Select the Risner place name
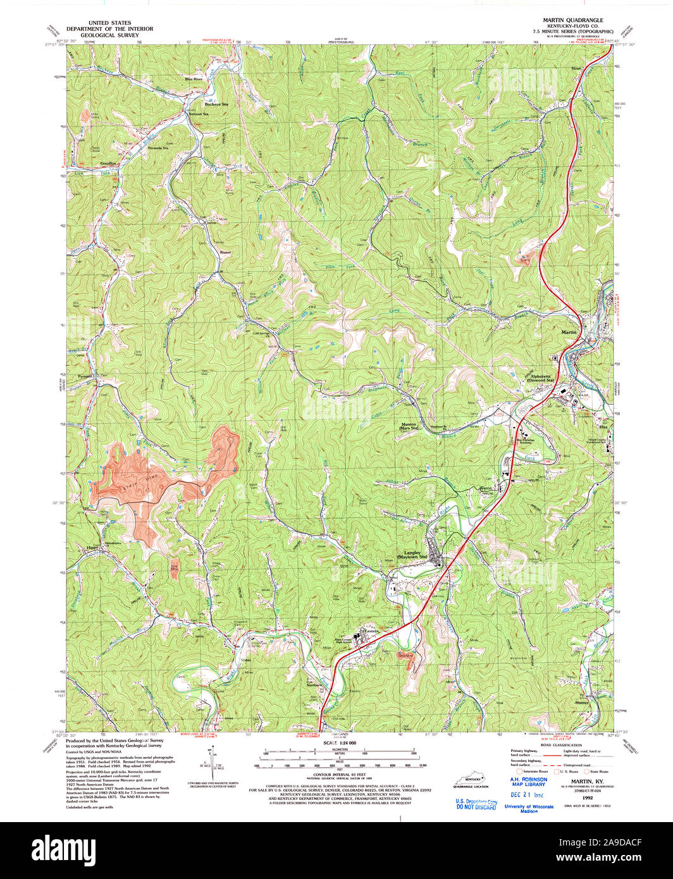[x=224, y=251]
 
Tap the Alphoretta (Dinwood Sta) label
[x=541, y=378]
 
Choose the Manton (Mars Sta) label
[x=409, y=426]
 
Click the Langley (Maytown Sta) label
[x=412, y=554]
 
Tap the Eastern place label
[x=370, y=630]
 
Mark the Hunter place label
[x=582, y=703]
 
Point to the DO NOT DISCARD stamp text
[x=476, y=807]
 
